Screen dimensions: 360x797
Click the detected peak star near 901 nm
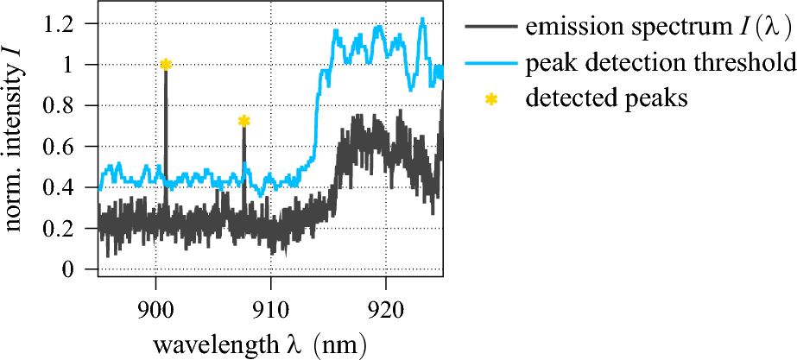point(166,64)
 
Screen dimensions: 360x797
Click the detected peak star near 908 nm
point(244,121)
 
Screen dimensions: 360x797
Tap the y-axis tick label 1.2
point(69,23)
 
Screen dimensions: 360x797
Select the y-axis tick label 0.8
point(69,105)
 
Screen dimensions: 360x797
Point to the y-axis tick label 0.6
point(69,146)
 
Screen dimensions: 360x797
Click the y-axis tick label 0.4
point(69,187)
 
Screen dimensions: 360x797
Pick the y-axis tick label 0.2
point(69,229)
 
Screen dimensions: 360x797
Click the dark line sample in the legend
point(491,27)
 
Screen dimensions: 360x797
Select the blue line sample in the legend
point(491,63)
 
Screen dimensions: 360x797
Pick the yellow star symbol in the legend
point(491,99)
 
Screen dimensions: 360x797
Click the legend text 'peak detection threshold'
point(660,64)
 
